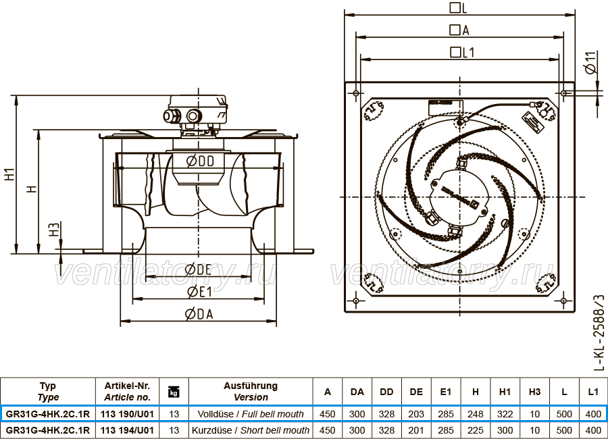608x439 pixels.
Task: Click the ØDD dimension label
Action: [200, 161]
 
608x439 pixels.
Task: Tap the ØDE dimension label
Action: [198, 269]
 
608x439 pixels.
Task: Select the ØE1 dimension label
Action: [200, 292]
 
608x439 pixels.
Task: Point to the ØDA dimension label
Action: [199, 314]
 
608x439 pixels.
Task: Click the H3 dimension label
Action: [54, 229]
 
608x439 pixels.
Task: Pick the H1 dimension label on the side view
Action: [10, 174]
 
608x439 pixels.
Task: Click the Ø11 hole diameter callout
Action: [590, 63]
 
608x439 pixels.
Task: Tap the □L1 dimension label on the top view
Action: [462, 53]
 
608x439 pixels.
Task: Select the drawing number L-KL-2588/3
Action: [599, 332]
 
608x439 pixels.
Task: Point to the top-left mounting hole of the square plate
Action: [356, 93]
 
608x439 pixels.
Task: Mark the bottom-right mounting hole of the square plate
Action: [563, 301]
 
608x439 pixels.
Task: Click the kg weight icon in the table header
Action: [174, 392]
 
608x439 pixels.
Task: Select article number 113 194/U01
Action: [127, 430]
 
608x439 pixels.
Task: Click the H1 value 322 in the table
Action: [505, 414]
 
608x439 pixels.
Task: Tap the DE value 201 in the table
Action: [416, 430]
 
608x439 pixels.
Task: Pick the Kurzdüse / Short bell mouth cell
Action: [251, 430]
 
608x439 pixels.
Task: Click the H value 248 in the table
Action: [476, 414]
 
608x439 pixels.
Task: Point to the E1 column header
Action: [446, 392]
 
